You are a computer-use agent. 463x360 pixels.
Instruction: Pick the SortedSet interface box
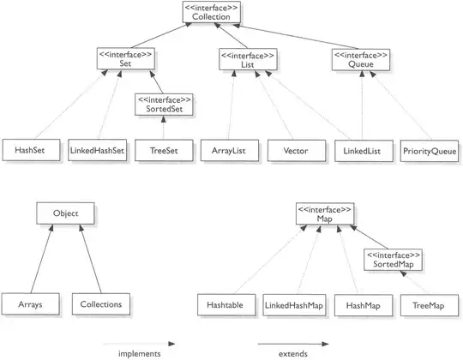click(163, 104)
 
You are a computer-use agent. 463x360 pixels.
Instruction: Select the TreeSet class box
click(163, 150)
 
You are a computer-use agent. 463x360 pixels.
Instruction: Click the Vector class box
click(295, 150)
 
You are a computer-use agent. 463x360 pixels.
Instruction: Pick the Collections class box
click(100, 303)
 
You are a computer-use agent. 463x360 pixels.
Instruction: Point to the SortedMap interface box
click(392, 259)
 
